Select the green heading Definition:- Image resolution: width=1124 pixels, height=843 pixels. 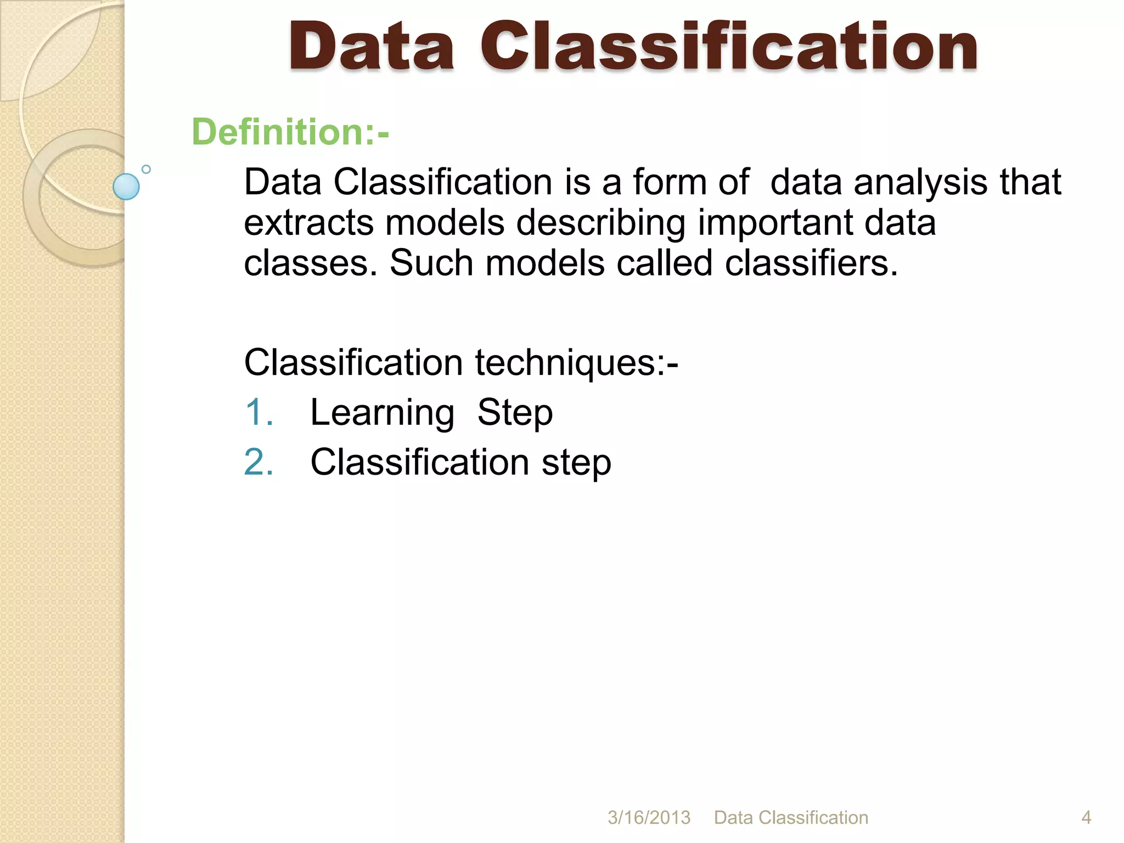point(290,132)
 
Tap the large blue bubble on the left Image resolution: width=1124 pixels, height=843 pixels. point(126,187)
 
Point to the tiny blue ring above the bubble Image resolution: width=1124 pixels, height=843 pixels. point(146,169)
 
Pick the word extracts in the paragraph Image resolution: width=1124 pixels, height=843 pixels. point(308,223)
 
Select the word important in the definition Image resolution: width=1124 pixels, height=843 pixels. point(774,223)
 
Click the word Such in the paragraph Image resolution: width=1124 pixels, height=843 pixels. point(431,263)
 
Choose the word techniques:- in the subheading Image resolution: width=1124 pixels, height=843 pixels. point(576,363)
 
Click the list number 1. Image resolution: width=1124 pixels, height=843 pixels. point(258,413)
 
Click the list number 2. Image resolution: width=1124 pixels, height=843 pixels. point(258,462)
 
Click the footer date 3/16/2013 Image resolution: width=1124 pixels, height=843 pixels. point(649,818)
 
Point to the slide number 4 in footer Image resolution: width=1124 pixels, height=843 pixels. point(1086,818)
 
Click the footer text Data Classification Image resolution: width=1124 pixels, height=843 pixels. point(791,818)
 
